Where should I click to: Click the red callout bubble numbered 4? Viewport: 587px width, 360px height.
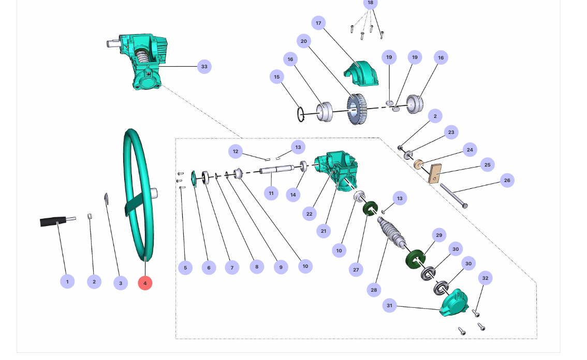[145, 283]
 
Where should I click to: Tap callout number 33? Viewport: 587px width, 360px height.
[204, 67]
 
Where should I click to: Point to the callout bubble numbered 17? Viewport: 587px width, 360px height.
[318, 23]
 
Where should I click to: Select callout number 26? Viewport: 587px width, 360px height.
[507, 181]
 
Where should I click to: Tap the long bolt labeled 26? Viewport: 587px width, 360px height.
[453, 196]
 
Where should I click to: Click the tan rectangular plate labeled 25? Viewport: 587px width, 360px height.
[435, 173]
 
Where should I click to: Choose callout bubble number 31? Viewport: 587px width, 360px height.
[390, 306]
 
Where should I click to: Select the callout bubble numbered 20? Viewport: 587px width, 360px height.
[304, 41]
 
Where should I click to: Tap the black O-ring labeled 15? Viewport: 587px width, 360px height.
[301, 113]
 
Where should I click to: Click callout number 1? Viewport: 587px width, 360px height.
[67, 281]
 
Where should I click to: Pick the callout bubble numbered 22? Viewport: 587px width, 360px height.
[309, 214]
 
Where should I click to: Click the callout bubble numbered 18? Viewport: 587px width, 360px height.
[370, 3]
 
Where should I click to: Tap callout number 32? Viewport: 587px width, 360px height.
[485, 278]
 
